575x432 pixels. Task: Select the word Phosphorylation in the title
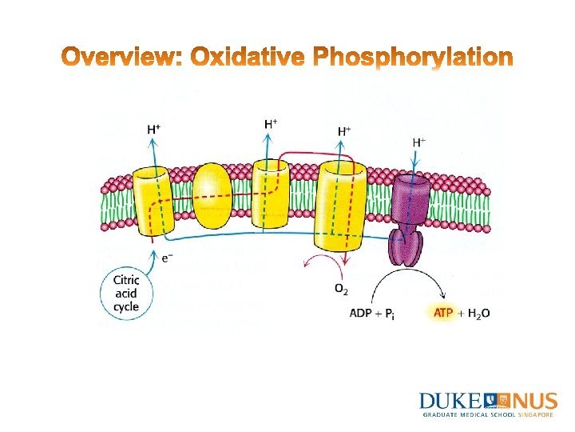tap(412, 58)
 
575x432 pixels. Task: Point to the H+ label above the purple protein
tap(418, 142)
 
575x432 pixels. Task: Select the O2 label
tap(342, 288)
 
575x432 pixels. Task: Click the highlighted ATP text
tap(443, 313)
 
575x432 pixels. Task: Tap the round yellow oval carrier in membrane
tap(212, 195)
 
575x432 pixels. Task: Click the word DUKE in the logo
tap(450, 401)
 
